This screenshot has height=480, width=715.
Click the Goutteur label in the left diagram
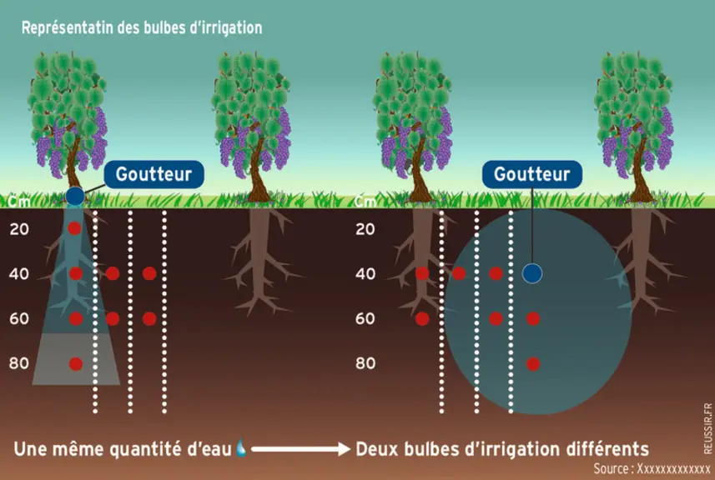pos(154,174)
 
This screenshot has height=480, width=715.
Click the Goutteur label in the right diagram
pos(532,174)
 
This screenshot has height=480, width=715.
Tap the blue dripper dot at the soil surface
pos(75,196)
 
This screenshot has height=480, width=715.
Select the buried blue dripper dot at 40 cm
pos(531,273)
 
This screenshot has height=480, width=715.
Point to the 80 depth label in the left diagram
pos(18,363)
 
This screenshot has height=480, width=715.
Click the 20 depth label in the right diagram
pos(365,229)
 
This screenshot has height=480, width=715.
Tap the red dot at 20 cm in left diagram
pos(74,227)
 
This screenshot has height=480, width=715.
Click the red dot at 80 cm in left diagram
pos(76,364)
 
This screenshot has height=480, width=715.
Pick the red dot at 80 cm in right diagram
pos(533,364)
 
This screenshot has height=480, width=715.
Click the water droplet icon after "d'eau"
pos(241,447)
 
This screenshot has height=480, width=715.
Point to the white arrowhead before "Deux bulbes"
pos(344,449)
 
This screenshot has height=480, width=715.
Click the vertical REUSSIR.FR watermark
pos(707,427)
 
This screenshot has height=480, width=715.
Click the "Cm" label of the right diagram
pos(365,201)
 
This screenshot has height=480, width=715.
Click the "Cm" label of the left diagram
pos(19,201)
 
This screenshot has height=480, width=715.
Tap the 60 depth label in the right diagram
pos(365,319)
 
